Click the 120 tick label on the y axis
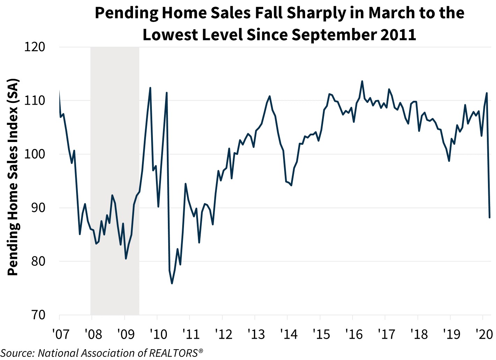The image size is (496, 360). [35, 47]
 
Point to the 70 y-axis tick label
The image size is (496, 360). [38, 315]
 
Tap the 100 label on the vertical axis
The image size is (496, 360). [35, 154]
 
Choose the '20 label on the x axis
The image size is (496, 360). [484, 334]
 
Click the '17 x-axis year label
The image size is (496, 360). [386, 334]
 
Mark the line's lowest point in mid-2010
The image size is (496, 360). [172, 283]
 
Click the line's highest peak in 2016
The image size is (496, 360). [362, 81]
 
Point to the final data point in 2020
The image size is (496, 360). [490, 217]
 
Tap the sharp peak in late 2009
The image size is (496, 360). [150, 88]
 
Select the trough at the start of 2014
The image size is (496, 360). [291, 185]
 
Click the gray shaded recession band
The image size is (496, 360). [115, 174]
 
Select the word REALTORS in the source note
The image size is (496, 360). [173, 353]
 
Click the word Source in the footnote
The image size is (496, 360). [17, 353]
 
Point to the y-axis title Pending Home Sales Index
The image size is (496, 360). [13, 178]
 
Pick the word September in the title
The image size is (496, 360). [324, 35]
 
